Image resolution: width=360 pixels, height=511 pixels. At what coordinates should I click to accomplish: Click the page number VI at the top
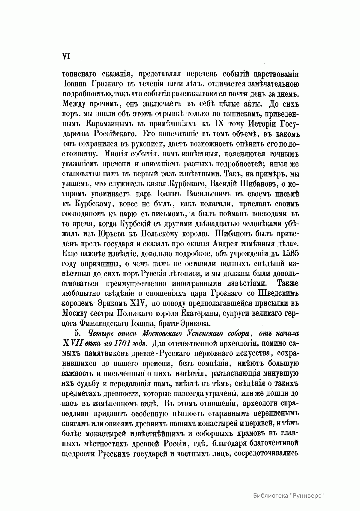(65, 56)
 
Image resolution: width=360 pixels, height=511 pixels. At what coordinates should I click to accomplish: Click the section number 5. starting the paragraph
(77, 334)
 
